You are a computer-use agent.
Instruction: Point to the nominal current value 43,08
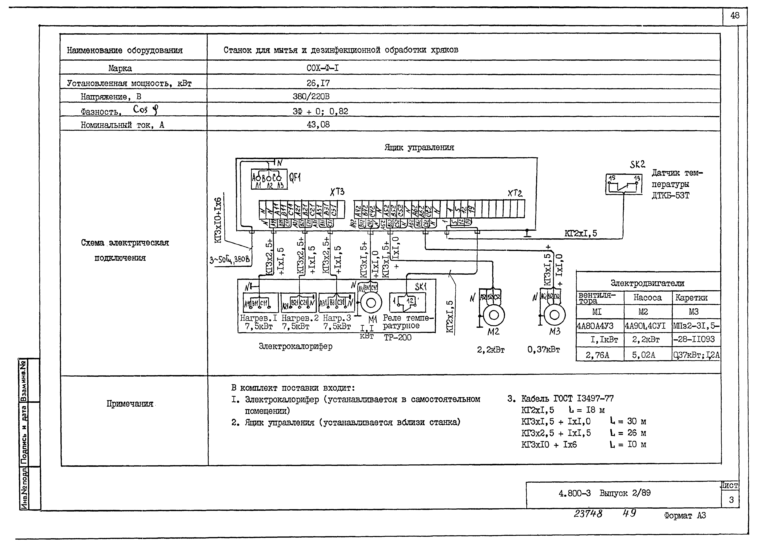[x=318, y=125]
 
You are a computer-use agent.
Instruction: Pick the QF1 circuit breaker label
[x=295, y=177]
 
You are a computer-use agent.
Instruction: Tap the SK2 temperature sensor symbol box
[x=624, y=184]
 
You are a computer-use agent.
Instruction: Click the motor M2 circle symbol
[x=494, y=315]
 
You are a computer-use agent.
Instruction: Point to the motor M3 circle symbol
[x=554, y=315]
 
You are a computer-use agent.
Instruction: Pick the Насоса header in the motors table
[x=647, y=298]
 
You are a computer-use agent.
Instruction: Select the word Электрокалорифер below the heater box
[x=295, y=346]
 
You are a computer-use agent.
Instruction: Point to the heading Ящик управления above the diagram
[x=419, y=147]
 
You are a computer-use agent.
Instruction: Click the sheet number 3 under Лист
[x=731, y=500]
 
